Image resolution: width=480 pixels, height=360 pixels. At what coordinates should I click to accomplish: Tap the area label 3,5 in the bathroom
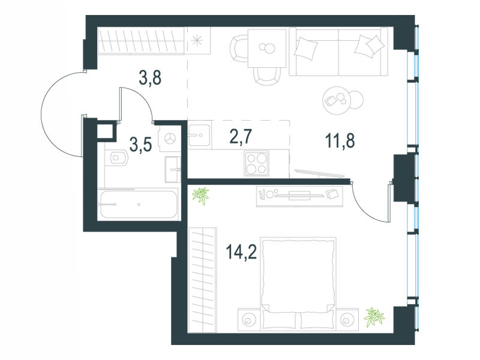pos(140,144)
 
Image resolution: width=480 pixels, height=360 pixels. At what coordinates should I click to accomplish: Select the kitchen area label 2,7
pos(241,137)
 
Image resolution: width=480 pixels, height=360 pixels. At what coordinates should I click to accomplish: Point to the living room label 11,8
pos(340,141)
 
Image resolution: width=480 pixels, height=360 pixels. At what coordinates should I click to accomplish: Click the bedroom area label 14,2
pos(241,252)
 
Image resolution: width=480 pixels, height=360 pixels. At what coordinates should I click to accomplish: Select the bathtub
pos(137,204)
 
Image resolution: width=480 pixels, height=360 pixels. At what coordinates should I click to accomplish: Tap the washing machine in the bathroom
pos(170,140)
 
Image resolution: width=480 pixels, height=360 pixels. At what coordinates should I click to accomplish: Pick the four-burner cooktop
pos(257,163)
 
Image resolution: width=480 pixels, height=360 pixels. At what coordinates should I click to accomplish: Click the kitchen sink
pos(199,134)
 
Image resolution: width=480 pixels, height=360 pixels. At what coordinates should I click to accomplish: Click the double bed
pos(298,283)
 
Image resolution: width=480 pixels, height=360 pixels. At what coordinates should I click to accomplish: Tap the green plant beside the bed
pos(374,317)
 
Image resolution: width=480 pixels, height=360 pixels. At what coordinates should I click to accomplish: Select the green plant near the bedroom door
pos(200,196)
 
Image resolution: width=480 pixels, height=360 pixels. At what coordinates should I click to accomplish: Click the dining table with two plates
pos(267,48)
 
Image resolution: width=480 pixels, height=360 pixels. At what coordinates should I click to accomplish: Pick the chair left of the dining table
pos(238,49)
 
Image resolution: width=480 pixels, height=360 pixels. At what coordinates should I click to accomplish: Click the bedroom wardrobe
pos(203,280)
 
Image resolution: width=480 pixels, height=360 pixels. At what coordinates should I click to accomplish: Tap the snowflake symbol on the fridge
pos(197,41)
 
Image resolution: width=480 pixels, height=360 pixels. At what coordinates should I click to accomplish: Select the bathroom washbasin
pos(173,169)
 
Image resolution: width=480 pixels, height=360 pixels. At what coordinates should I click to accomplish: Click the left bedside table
pos(249,320)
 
